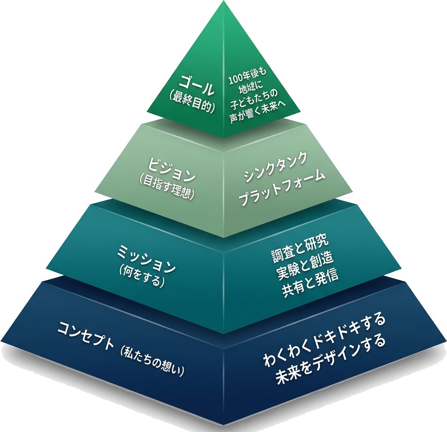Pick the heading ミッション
point(146,261)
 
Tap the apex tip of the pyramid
point(223,3)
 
